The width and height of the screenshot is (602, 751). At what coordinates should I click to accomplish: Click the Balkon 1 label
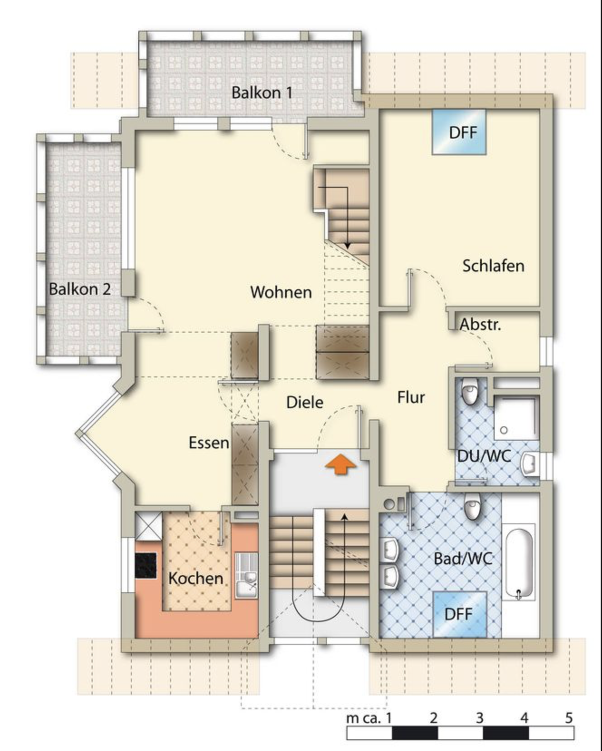click(262, 93)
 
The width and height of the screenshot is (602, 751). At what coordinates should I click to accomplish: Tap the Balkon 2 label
click(80, 289)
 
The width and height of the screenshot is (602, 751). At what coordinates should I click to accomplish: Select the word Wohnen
click(281, 292)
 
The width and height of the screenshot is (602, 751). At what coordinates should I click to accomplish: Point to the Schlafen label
click(493, 265)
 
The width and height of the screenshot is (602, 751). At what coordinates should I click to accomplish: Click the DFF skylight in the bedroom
click(459, 132)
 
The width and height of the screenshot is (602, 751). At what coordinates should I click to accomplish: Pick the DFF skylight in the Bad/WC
click(460, 614)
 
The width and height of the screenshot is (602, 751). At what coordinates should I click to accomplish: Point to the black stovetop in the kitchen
click(146, 565)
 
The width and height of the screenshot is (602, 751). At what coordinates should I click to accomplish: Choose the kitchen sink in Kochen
click(246, 575)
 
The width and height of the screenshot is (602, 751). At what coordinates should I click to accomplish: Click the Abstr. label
click(481, 325)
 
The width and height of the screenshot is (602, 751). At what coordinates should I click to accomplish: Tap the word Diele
click(305, 402)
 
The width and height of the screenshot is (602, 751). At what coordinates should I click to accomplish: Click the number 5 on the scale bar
click(569, 718)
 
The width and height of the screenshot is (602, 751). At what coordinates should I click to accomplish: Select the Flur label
click(411, 397)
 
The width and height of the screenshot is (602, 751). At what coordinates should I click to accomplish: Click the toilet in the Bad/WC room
click(472, 507)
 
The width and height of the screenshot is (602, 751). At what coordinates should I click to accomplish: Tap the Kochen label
click(195, 578)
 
